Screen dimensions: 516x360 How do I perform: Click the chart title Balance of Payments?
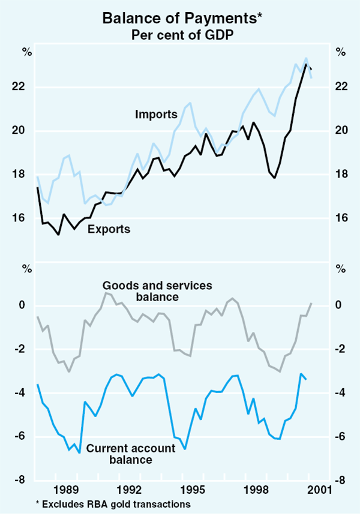click(x=179, y=18)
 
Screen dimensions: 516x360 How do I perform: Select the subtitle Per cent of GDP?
click(x=179, y=35)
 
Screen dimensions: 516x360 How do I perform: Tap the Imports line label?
click(x=152, y=113)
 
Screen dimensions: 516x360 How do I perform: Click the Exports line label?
click(x=109, y=229)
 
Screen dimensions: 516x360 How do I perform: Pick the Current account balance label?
click(x=131, y=454)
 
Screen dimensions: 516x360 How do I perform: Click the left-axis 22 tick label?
click(x=19, y=87)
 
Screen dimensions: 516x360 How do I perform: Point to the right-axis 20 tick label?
click(x=341, y=131)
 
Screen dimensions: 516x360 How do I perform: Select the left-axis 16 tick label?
click(x=19, y=218)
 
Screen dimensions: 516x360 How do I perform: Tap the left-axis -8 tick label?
click(x=20, y=480)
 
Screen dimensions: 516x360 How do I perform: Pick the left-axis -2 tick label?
click(x=20, y=349)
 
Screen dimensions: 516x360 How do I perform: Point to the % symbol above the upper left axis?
click(x=26, y=52)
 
